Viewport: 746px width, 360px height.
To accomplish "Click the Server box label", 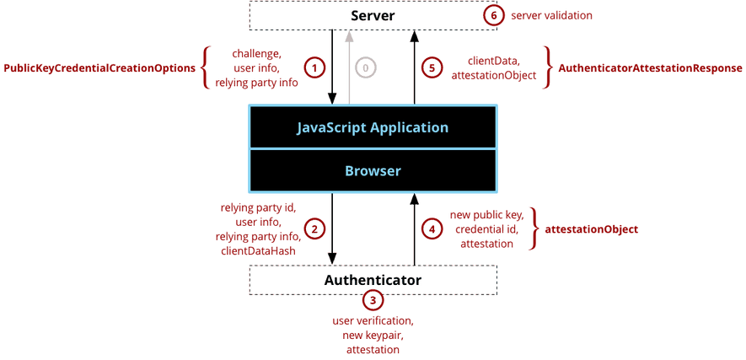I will click(x=373, y=16).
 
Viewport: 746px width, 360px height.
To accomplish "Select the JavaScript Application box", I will click(x=372, y=128).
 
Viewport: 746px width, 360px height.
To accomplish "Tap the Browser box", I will click(x=372, y=170).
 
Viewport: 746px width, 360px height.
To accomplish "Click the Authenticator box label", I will click(x=373, y=279).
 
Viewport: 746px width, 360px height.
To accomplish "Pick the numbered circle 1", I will click(x=314, y=67).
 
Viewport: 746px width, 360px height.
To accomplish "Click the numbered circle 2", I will click(x=314, y=228).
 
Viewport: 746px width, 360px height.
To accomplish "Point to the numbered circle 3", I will click(x=373, y=300).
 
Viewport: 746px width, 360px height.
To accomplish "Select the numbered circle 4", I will click(x=432, y=228).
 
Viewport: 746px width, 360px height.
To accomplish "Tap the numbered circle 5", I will click(x=432, y=67).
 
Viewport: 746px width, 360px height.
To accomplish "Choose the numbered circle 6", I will click(x=494, y=15).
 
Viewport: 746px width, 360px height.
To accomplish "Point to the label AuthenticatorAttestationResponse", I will click(x=650, y=67).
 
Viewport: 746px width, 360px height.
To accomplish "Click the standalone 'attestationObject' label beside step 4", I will click(x=591, y=229).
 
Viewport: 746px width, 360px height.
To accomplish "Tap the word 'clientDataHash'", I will click(x=258, y=250).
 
